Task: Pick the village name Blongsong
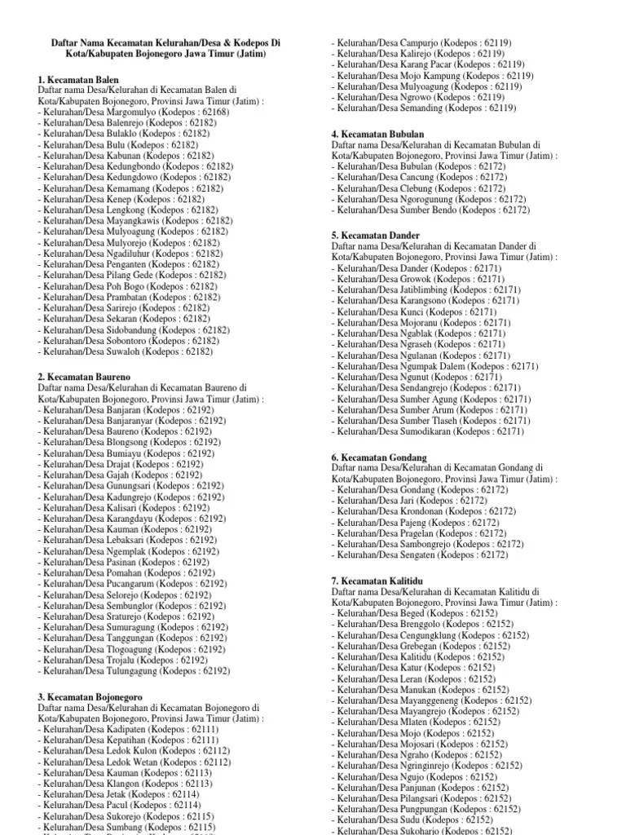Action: (x=133, y=442)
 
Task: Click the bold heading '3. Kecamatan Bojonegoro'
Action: (x=90, y=697)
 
